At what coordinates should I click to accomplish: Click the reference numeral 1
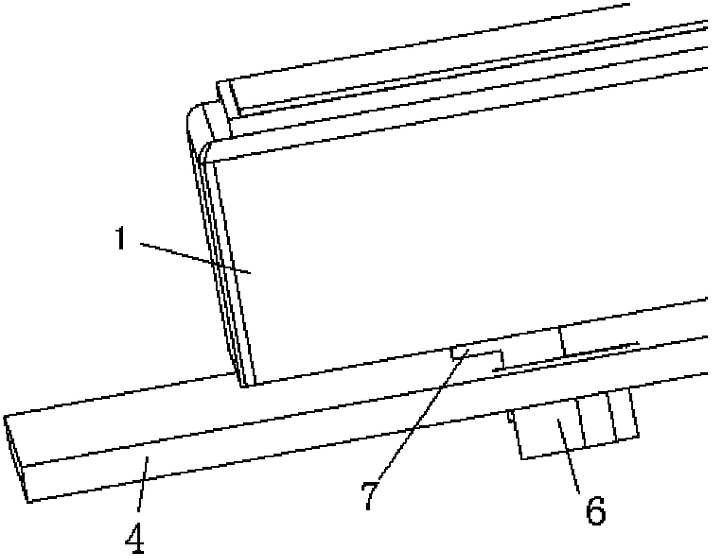pos(119,238)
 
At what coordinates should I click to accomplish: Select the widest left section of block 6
pos(549,434)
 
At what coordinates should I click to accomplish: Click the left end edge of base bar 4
pos(14,457)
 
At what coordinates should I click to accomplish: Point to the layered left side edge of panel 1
pos(221,259)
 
